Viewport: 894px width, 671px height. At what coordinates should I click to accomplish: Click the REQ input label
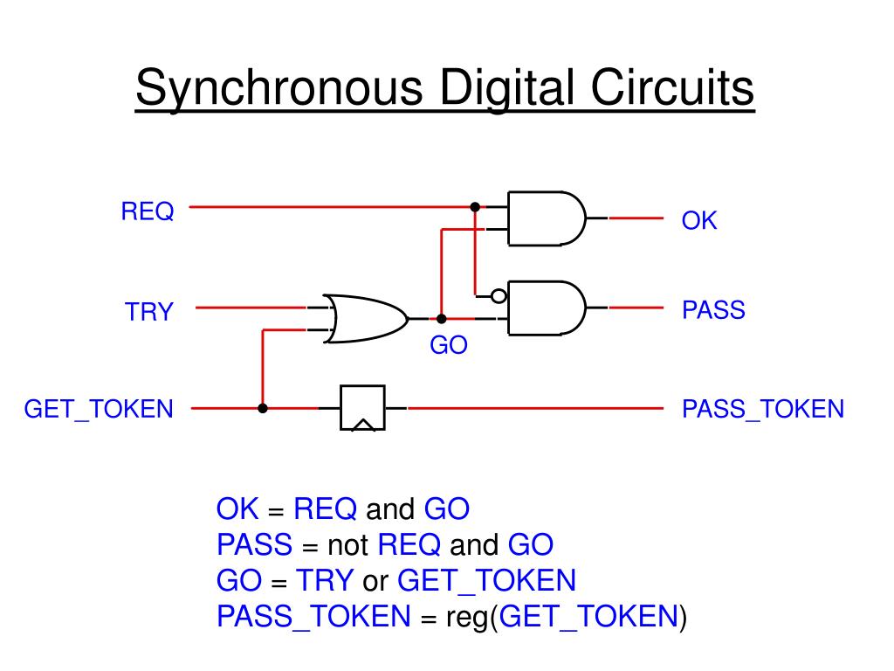click(148, 211)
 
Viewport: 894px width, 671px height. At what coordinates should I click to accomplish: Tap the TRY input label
click(149, 312)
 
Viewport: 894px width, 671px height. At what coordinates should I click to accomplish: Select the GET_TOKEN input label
click(99, 409)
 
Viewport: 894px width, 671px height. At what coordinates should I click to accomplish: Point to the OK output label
click(699, 221)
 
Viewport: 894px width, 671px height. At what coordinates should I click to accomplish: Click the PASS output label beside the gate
click(713, 310)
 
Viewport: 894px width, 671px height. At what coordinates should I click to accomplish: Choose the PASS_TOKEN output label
click(763, 409)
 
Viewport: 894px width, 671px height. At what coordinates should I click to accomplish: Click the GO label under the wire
click(449, 346)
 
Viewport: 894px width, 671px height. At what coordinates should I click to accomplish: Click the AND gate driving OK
click(546, 218)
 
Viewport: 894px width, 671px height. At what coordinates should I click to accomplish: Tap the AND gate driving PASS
click(546, 308)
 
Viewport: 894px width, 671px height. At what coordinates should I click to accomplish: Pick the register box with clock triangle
click(362, 408)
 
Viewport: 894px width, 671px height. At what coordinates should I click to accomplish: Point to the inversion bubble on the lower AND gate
click(499, 296)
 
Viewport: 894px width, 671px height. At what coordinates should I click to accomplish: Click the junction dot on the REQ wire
click(475, 207)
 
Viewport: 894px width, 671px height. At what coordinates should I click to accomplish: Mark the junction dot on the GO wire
click(442, 319)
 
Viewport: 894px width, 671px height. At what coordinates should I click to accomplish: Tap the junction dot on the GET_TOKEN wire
click(263, 408)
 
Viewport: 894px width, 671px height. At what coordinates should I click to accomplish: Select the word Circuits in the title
click(672, 90)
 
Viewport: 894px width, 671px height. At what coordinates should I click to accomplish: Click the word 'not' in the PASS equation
click(348, 546)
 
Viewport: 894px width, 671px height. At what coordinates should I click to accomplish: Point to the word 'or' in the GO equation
click(375, 581)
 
